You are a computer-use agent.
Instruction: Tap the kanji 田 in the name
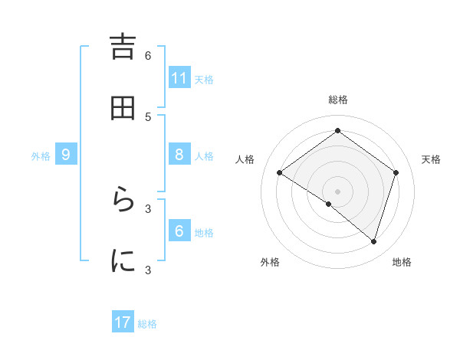pos(123,109)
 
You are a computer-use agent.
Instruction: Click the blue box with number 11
pos(179,77)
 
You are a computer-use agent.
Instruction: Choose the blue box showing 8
pos(179,154)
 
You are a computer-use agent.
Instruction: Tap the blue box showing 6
pos(179,231)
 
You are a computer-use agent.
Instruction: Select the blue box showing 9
pos(66,155)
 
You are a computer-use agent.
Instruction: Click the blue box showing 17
pos(123,322)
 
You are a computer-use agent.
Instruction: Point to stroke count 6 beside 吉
pos(148,55)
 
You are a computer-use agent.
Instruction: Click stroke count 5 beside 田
pos(148,116)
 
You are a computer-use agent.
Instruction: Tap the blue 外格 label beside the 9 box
pos(41,155)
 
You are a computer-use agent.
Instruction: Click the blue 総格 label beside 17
pos(147,324)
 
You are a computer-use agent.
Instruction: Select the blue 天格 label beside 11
pos(204,79)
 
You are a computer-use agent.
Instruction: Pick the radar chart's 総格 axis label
pos(338,100)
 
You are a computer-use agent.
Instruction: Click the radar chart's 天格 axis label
pos(432,159)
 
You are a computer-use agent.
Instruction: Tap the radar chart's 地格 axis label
pos(402,262)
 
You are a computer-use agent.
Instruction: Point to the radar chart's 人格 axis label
pos(245,159)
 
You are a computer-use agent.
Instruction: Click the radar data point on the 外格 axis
pos(329,204)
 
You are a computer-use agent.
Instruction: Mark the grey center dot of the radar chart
pos(338,191)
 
